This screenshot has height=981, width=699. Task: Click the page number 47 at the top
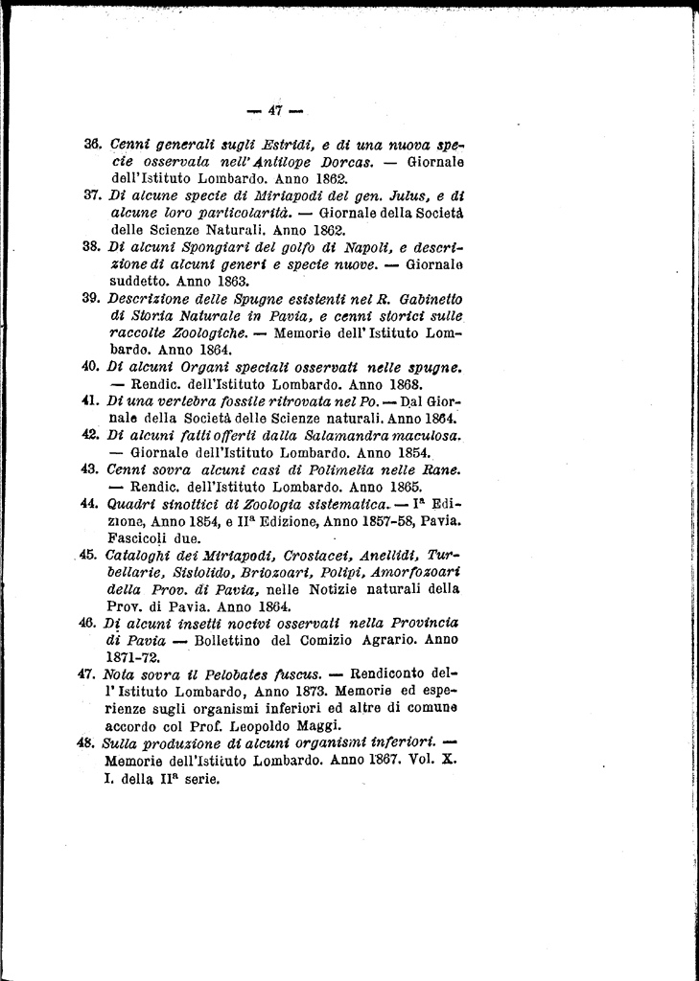(x=274, y=110)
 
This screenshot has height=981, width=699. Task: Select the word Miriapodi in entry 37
(x=248, y=196)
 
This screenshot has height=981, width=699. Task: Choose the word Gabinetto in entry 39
(x=429, y=299)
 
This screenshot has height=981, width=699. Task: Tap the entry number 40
(x=92, y=367)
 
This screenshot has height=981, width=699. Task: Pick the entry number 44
(x=92, y=504)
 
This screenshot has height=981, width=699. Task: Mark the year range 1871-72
(x=133, y=658)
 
